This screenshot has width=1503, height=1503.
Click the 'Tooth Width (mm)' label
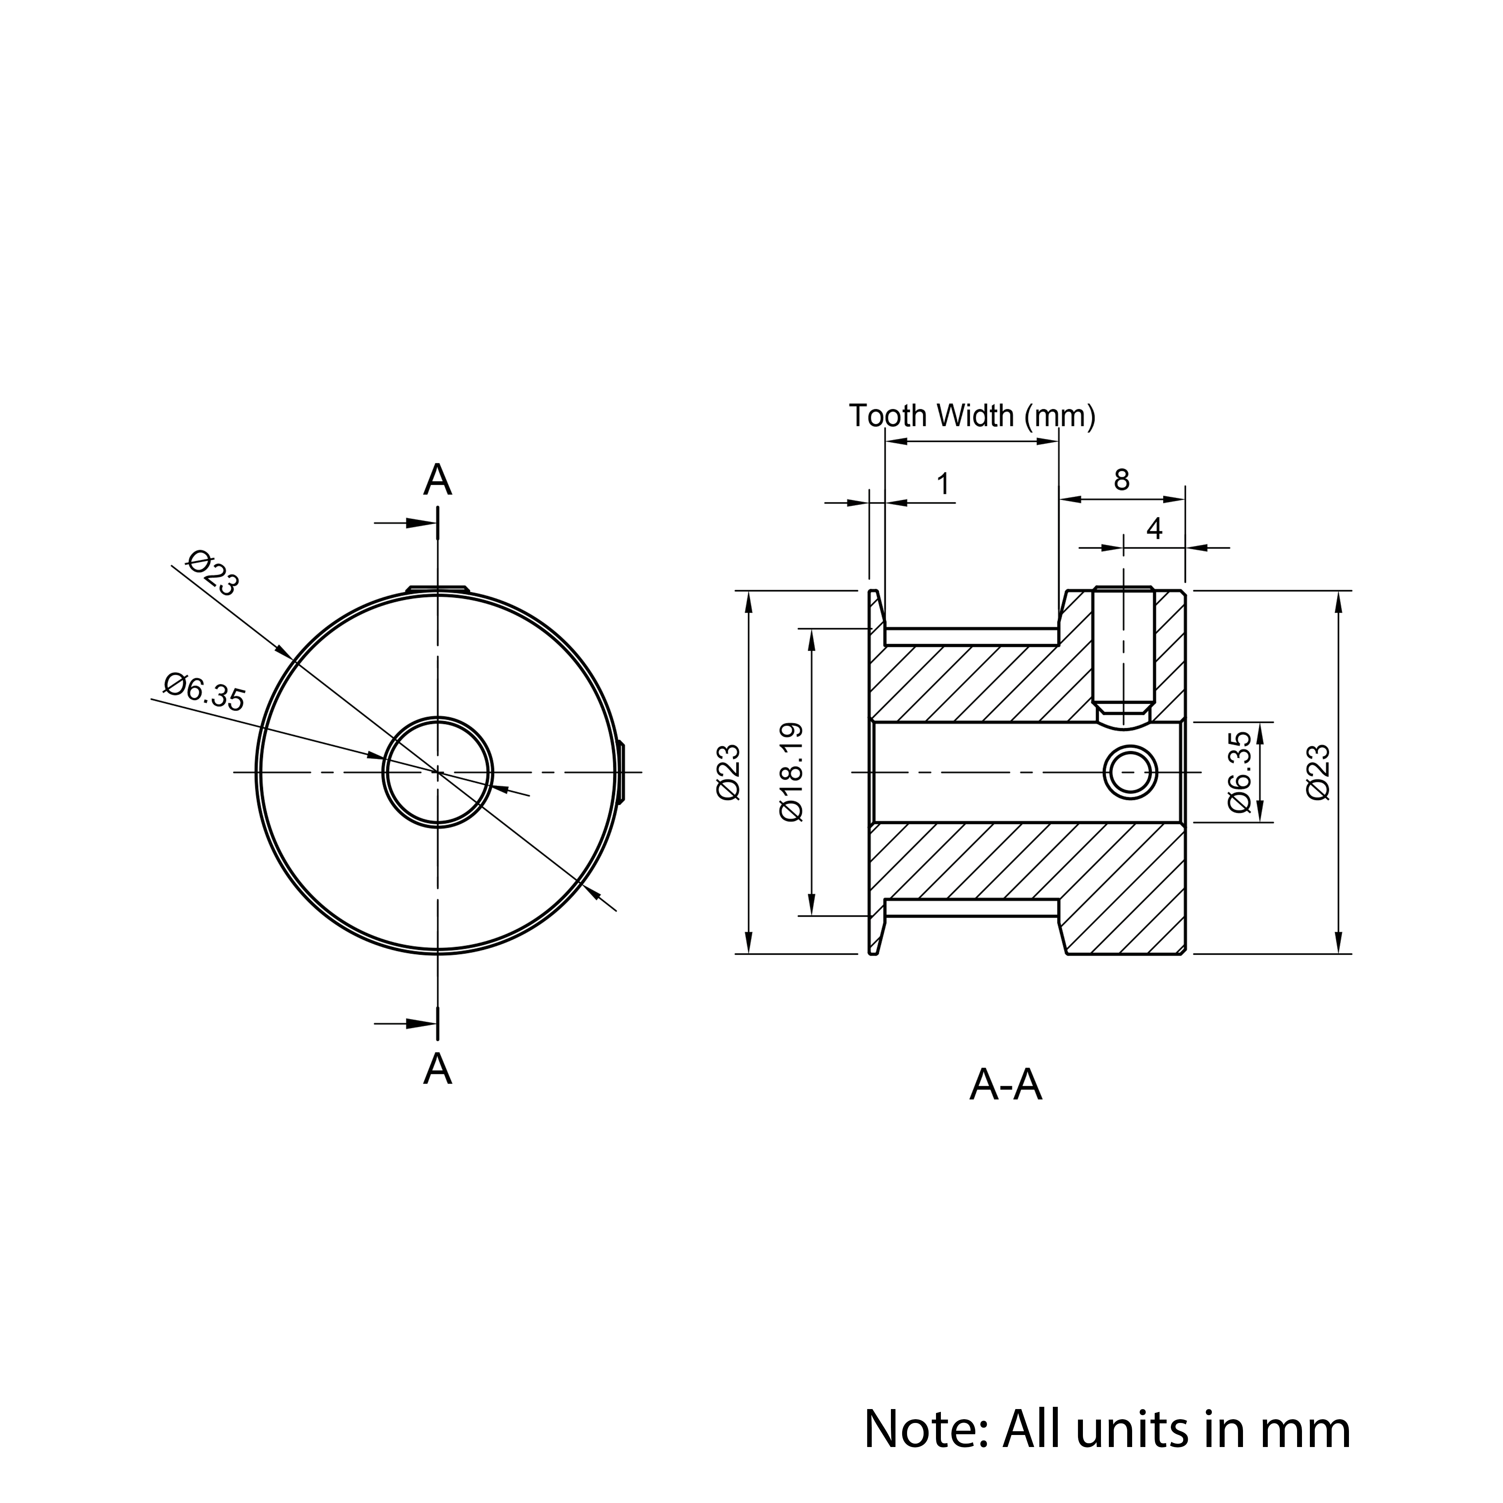click(x=972, y=416)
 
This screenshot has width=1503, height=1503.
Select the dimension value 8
click(x=1121, y=480)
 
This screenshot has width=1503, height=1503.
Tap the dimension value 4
click(x=1154, y=529)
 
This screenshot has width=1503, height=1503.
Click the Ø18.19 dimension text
click(x=791, y=772)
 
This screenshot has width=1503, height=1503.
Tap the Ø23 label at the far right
click(x=1319, y=772)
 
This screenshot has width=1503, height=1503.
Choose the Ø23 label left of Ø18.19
click(x=729, y=772)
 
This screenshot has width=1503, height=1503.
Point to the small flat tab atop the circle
click(x=438, y=589)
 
